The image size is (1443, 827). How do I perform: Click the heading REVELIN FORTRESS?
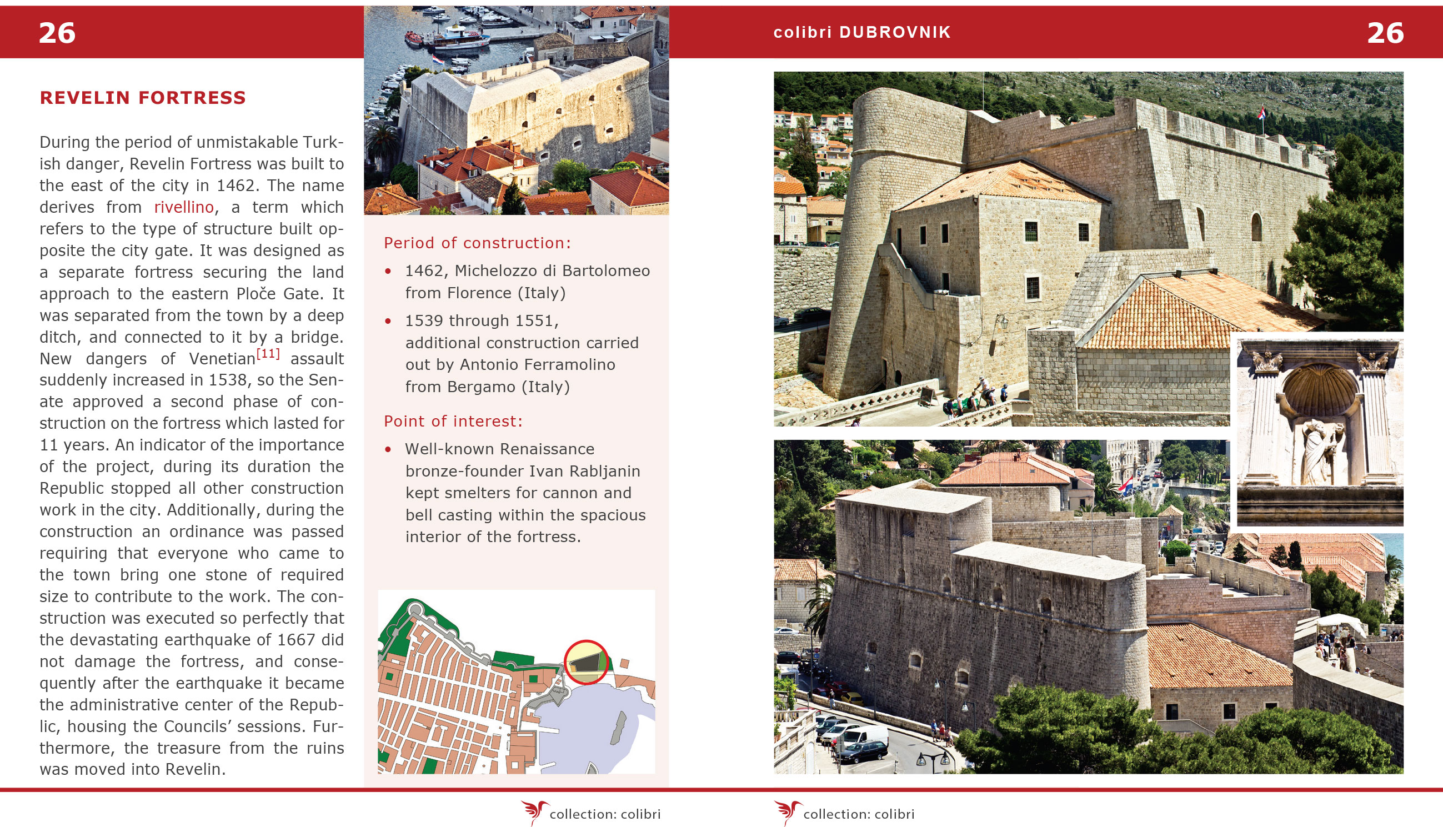point(143,98)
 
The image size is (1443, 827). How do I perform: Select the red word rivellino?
point(183,207)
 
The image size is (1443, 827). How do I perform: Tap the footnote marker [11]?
point(268,353)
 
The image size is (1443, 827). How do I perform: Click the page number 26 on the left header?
point(57,33)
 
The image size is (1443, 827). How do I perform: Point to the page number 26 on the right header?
point(1385,33)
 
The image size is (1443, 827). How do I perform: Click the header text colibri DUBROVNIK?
point(862,32)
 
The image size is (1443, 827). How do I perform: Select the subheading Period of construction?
point(477,243)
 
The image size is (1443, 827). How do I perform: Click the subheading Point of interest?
point(453,422)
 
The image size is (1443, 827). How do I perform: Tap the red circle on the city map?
point(586,662)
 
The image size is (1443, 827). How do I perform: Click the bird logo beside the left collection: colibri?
point(534,813)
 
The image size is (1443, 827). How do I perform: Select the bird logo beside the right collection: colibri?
point(788,813)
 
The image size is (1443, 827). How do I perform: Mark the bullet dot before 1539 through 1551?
point(388,322)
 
